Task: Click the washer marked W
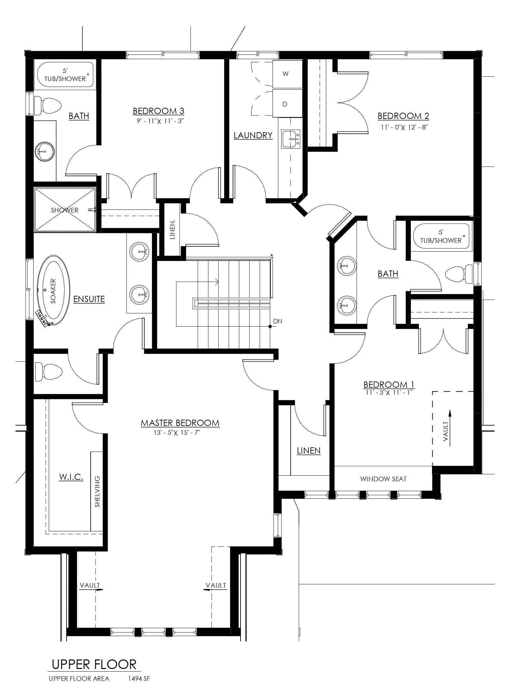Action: pos(288,74)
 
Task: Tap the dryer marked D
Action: pos(288,103)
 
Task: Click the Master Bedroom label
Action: pos(180,423)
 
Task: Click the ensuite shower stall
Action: pos(65,210)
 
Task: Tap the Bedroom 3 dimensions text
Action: pos(159,121)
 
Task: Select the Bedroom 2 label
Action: pos(403,116)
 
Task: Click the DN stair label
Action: pos(278,321)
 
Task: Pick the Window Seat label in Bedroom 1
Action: pos(383,479)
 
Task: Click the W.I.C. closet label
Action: pos(71,477)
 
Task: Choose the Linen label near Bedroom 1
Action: pos(309,451)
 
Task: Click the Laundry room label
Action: pos(253,135)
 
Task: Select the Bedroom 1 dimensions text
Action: pos(389,392)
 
